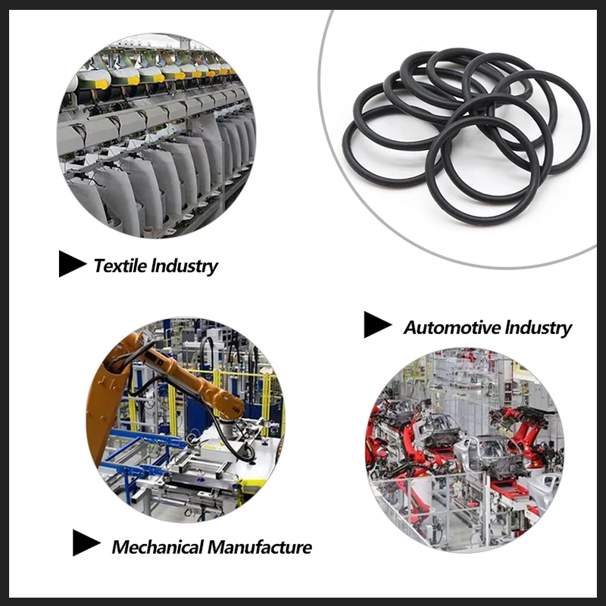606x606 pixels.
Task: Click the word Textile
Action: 120,266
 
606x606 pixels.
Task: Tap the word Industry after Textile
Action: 184,267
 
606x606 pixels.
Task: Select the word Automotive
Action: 452,328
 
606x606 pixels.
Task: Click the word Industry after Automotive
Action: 539,328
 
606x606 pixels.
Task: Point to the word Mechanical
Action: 158,547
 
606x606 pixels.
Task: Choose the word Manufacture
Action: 260,547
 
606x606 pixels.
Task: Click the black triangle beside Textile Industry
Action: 72,264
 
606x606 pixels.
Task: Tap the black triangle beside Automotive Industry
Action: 377,325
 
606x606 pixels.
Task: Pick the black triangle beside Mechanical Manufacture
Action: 86,542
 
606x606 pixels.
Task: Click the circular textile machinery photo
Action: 157,136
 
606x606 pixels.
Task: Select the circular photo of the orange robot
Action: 186,420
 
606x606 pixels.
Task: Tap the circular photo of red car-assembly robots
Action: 464,449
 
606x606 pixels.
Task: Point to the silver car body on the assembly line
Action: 488,456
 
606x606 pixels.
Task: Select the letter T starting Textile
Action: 101,266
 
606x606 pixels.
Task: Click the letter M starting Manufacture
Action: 217,547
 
